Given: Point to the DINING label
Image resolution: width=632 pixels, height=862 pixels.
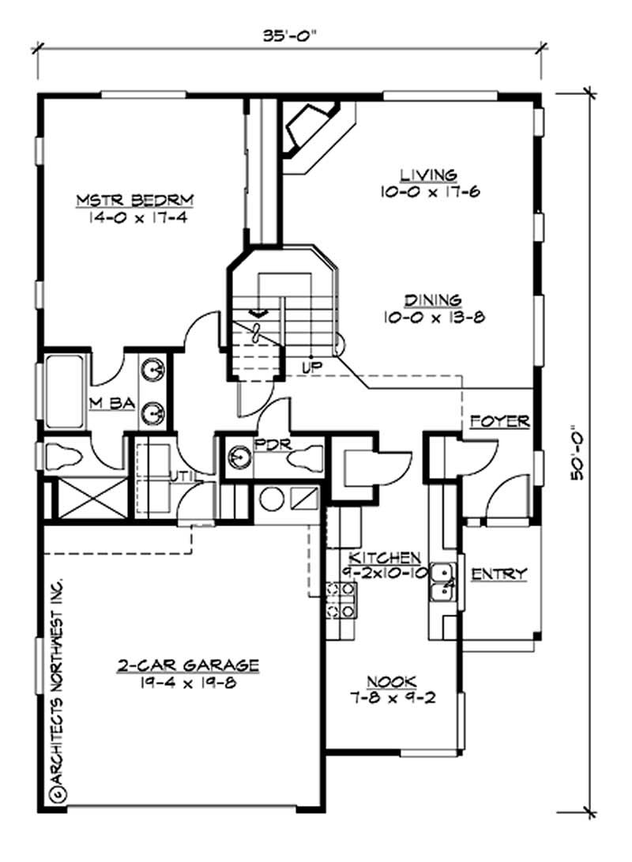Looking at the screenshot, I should tap(432, 300).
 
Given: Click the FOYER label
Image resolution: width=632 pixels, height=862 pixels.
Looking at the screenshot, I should tap(499, 421).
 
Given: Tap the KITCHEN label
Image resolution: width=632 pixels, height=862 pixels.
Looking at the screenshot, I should tap(374, 556).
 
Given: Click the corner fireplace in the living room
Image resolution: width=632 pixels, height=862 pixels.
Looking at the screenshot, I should tap(310, 128).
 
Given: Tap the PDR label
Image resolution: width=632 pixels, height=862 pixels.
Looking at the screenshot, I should tap(265, 444).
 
